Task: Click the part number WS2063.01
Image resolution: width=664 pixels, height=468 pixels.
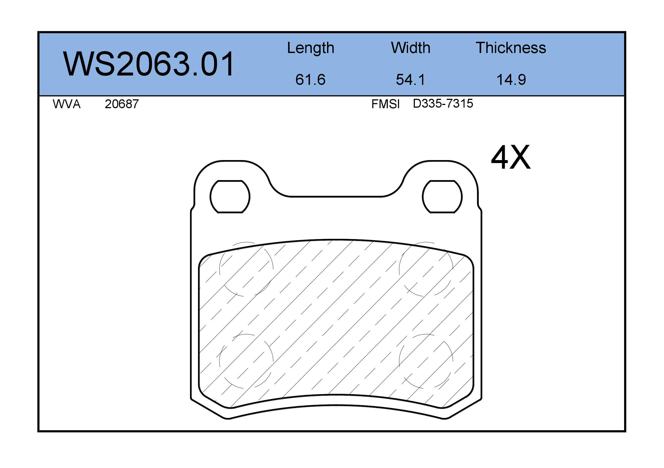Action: (149, 64)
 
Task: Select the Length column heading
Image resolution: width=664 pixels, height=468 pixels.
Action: (311, 48)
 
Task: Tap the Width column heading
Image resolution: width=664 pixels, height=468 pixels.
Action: (411, 48)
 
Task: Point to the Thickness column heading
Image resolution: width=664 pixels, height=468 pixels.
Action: (511, 48)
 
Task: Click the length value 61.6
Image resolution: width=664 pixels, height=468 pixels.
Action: (310, 80)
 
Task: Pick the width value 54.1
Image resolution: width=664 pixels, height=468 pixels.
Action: (410, 80)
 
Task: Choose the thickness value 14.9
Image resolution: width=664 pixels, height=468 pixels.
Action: (511, 80)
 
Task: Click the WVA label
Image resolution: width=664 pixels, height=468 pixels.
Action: (67, 104)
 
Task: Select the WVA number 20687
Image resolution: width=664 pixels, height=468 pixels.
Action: (122, 104)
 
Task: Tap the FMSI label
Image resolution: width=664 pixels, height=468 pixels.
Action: (385, 104)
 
